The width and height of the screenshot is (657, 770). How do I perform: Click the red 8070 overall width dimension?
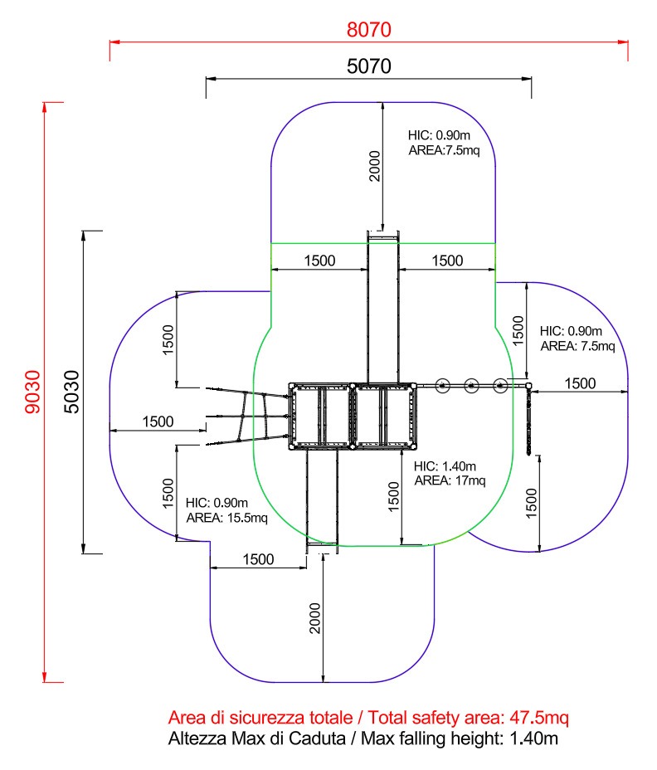[368, 29]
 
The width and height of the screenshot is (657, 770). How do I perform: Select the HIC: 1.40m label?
[442, 465]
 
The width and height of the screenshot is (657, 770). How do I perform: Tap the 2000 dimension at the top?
[374, 166]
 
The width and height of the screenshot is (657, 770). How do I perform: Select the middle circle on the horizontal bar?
[471, 384]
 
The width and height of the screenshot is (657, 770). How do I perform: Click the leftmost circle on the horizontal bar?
[442, 384]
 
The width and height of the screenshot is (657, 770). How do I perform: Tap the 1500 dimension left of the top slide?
[319, 261]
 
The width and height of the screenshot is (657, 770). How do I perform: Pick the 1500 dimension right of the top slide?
[447, 261]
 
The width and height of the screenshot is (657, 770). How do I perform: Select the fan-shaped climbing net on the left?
[249, 415]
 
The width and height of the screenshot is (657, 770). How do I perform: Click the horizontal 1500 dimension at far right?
[580, 383]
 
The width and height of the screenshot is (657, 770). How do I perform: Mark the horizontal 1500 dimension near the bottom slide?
[258, 559]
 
